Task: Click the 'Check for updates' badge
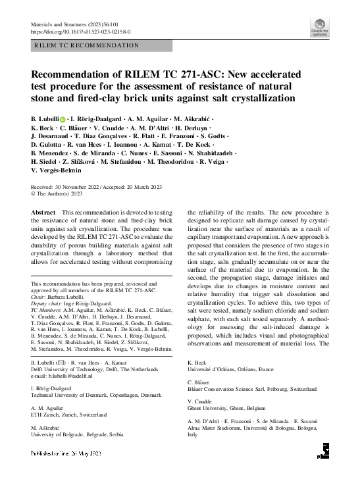click(x=319, y=26)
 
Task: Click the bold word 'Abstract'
click(x=43, y=213)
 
